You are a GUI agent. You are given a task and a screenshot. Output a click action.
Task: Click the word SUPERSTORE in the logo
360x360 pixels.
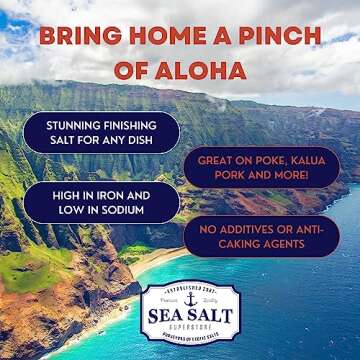[x=189, y=330]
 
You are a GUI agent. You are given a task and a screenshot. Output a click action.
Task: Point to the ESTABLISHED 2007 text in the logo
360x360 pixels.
[x=189, y=289]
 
